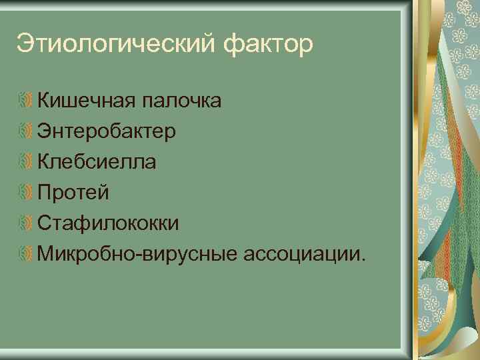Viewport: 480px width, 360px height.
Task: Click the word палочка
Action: pos(179,101)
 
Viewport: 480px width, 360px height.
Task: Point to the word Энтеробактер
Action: pos(107,131)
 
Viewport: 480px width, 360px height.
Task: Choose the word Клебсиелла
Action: pos(97,162)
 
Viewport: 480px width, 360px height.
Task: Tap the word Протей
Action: pos(73,193)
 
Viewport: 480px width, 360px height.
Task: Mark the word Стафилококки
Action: pos(108,223)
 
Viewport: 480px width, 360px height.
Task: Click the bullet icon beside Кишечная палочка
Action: pos(26,101)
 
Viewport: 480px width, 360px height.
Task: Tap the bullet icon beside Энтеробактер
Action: pos(26,132)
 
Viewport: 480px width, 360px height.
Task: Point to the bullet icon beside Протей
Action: pos(26,193)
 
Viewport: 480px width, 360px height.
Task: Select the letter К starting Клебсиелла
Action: pos(44,162)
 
